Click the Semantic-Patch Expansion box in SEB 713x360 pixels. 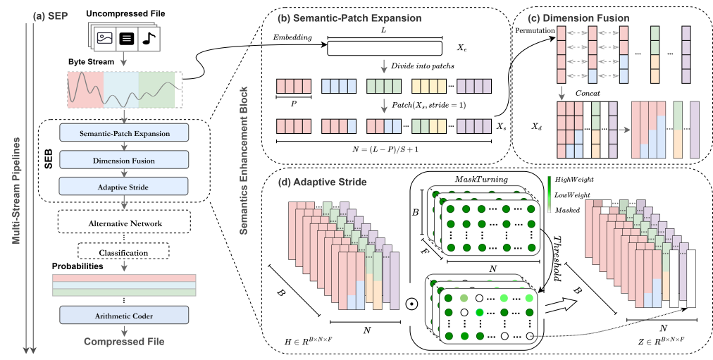124,132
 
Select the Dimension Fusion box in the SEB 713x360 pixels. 124,159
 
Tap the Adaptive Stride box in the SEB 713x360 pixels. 124,186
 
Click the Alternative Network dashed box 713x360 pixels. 124,224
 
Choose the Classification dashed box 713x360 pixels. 124,252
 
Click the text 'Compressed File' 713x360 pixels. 124,341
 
